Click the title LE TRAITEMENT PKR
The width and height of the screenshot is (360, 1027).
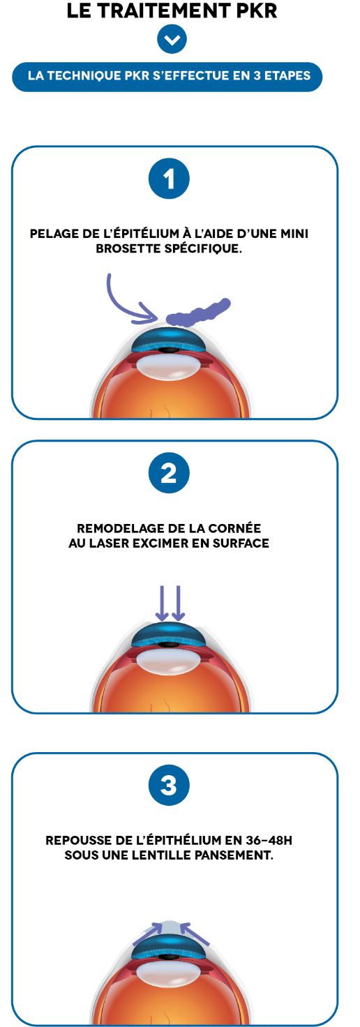172,10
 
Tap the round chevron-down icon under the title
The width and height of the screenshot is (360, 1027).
172,39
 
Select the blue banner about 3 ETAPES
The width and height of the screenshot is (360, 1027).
167,76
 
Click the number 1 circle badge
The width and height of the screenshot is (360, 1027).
169,179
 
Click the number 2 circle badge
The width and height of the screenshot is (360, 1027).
169,473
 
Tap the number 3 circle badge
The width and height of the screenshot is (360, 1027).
169,786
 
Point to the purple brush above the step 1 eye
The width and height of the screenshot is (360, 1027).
197,313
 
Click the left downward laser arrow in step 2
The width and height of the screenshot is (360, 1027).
161,603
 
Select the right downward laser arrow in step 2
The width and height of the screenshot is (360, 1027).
178,603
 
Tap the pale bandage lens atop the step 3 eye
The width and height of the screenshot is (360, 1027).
170,928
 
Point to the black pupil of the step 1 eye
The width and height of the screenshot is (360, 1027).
169,350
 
